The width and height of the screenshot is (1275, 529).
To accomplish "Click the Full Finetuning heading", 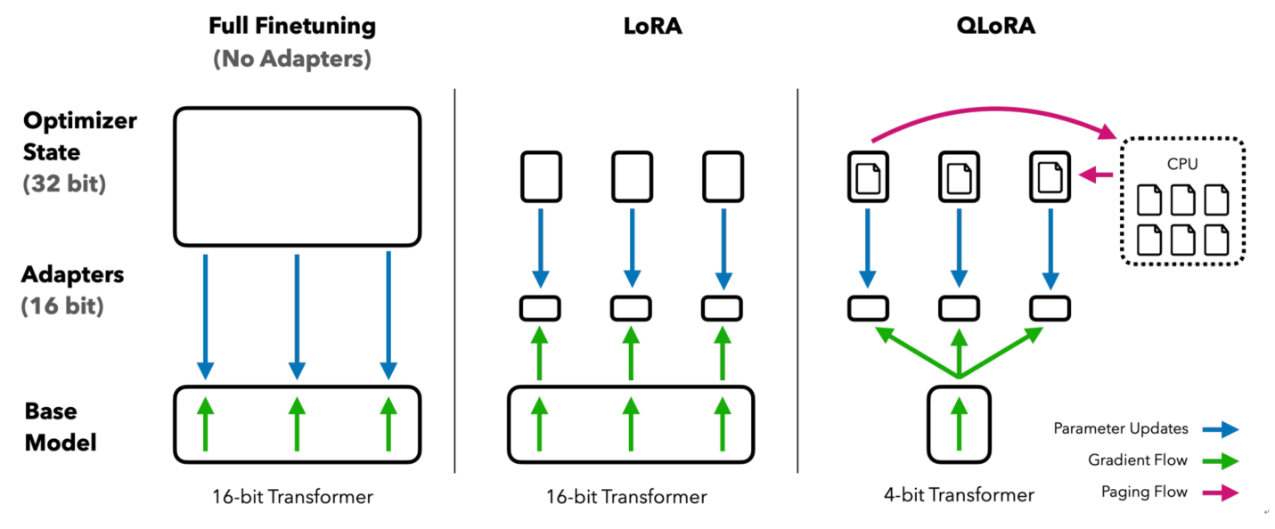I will pyautogui.click(x=292, y=26).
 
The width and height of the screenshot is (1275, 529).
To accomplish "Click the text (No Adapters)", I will pyautogui.click(x=292, y=60).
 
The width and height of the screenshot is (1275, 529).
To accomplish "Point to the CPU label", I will pyautogui.click(x=1183, y=165).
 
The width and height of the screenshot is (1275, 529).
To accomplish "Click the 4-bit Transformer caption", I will pyautogui.click(x=959, y=495).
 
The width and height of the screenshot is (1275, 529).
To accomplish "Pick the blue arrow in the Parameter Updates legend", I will pyautogui.click(x=1219, y=429).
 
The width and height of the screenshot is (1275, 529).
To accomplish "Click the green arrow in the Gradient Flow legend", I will pyautogui.click(x=1219, y=460).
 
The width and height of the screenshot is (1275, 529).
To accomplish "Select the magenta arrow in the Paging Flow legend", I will pyautogui.click(x=1219, y=492).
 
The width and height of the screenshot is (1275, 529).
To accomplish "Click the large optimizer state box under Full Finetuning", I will pyautogui.click(x=297, y=176).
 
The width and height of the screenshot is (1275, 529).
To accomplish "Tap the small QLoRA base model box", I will pyautogui.click(x=959, y=424).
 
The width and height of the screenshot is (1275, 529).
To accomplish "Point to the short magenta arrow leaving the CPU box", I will pyautogui.click(x=1096, y=175).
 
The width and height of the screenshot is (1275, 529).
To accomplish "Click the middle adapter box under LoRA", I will pyautogui.click(x=631, y=308).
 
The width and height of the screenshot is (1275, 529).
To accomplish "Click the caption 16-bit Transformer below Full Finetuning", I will pyautogui.click(x=292, y=497).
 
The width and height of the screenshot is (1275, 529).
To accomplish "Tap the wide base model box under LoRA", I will pyautogui.click(x=631, y=424).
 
